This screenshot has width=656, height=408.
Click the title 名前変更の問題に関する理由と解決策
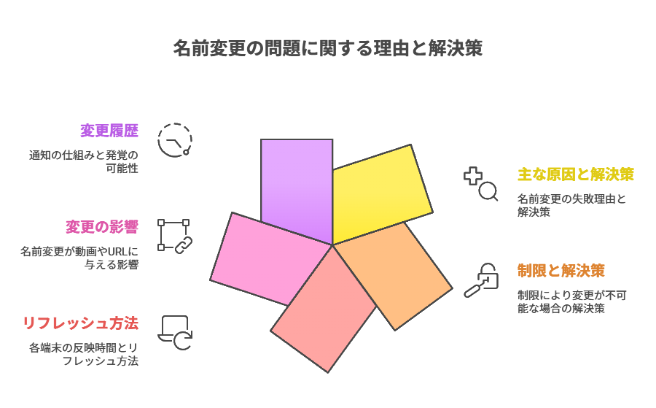click(x=328, y=48)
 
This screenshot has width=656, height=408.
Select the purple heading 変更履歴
click(x=109, y=131)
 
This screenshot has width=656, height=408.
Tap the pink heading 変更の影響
click(x=101, y=227)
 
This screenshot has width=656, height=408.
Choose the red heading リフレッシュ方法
click(x=80, y=323)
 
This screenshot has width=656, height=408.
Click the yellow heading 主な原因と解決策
click(x=576, y=174)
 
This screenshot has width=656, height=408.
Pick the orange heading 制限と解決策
click(x=561, y=271)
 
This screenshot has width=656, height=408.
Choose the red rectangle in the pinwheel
click(x=324, y=310)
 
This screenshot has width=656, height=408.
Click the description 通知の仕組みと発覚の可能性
click(x=84, y=162)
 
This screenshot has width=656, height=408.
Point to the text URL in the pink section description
click(x=117, y=252)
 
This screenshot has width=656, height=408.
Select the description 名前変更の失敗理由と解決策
click(x=571, y=205)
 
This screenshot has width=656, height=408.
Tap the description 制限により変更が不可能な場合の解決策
click(x=571, y=301)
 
